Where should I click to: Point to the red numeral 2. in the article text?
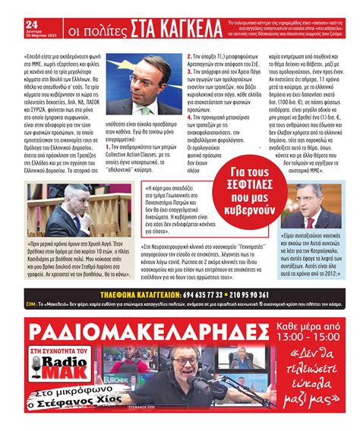[189, 56]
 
